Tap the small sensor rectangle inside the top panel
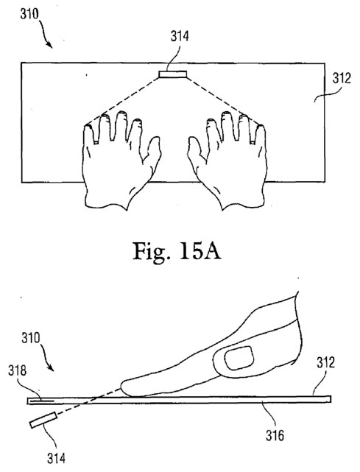[173, 74]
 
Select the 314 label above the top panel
[180, 36]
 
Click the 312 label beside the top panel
[342, 78]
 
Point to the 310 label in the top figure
[29, 14]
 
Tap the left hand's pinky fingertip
[88, 127]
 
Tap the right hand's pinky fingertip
[261, 127]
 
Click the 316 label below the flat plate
[275, 435]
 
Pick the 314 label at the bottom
[56, 459]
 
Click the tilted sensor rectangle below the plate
[43, 420]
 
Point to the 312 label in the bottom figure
[325, 362]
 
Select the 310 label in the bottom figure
[31, 338]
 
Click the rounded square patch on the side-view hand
[239, 358]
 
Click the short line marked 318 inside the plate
[42, 401]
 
